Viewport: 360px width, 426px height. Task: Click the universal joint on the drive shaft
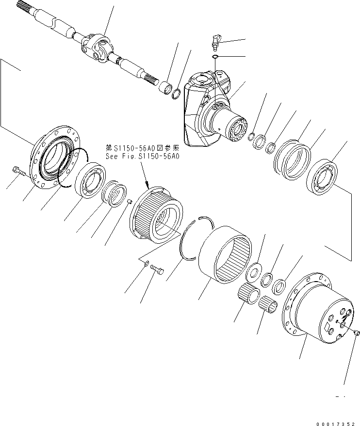(x=99, y=48)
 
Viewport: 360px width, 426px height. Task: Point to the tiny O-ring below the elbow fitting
(x=214, y=57)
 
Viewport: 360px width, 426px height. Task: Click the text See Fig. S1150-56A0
(x=142, y=156)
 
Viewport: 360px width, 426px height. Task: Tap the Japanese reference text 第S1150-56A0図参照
(x=142, y=147)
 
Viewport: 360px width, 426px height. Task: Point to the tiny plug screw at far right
(x=357, y=332)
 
